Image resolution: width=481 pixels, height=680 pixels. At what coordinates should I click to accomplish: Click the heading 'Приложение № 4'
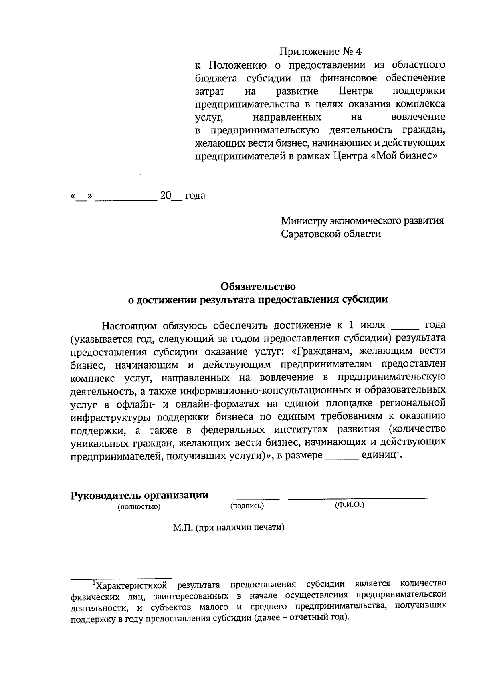tap(320, 52)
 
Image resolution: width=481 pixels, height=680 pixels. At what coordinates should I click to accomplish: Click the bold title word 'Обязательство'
tap(258, 287)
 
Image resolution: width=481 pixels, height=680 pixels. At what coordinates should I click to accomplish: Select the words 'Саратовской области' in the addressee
tap(331, 234)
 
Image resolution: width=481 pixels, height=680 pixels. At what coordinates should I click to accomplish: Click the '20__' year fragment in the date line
tap(170, 196)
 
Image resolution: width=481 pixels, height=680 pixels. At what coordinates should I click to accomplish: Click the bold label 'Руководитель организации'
tap(139, 495)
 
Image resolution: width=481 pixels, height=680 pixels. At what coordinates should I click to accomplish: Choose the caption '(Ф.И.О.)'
tap(349, 505)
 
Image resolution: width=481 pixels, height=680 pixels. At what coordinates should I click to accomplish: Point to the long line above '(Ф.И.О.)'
tap(358, 498)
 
